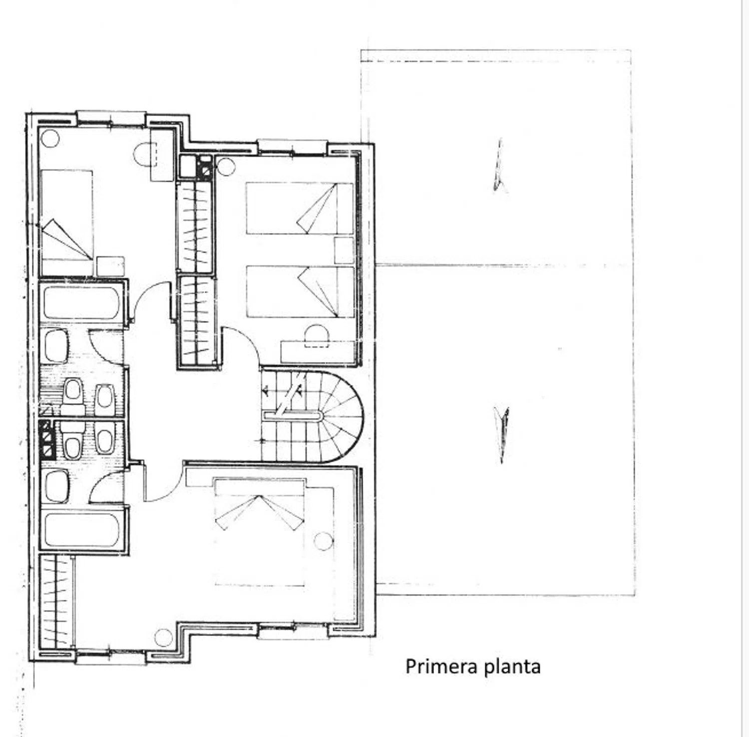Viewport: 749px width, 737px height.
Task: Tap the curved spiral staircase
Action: (320, 417)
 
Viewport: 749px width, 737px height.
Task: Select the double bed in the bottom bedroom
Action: (259, 531)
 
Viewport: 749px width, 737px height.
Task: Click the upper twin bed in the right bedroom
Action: (299, 208)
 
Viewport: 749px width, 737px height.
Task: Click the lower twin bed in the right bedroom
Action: (300, 292)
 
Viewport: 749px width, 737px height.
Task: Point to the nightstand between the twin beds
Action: (344, 250)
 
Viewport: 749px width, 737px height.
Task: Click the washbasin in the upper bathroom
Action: (56, 346)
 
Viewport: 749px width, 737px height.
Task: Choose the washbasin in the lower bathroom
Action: (56, 486)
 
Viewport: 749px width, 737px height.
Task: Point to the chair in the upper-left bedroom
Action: (145, 155)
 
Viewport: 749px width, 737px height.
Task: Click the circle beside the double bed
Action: (323, 541)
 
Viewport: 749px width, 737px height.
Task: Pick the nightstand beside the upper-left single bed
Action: (110, 266)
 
